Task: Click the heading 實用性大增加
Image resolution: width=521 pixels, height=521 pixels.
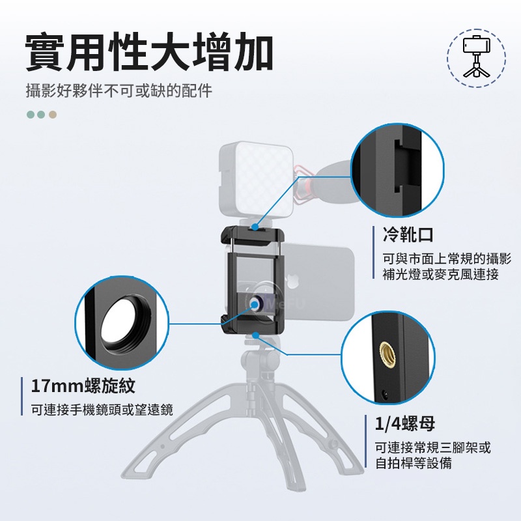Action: [x=149, y=52]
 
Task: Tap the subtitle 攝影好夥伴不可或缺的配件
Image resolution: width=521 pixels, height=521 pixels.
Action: [x=119, y=91]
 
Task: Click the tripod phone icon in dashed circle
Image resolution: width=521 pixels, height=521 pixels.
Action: [x=476, y=57]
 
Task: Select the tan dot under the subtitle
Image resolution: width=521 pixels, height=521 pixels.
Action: [x=53, y=115]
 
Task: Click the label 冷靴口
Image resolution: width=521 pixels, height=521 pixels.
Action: [x=408, y=234]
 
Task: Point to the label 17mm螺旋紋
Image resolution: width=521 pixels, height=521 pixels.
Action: [x=83, y=386]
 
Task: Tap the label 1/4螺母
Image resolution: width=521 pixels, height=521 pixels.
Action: [x=405, y=423]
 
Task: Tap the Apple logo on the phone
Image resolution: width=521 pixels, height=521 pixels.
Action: [x=291, y=281]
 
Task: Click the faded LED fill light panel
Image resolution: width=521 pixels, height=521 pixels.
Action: [x=257, y=180]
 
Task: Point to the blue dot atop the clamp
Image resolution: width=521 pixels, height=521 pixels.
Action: [x=255, y=227]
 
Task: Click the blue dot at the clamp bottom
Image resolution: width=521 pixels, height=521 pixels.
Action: [x=255, y=335]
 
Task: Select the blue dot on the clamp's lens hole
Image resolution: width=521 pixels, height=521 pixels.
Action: [x=255, y=304]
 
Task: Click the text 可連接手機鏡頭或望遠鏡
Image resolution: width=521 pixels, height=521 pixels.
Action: [x=102, y=410]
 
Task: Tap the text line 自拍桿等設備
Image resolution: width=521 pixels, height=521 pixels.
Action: [x=414, y=463]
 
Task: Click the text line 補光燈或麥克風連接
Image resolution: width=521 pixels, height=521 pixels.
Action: [x=441, y=274]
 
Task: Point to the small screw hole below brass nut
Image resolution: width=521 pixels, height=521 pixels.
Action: [x=385, y=395]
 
